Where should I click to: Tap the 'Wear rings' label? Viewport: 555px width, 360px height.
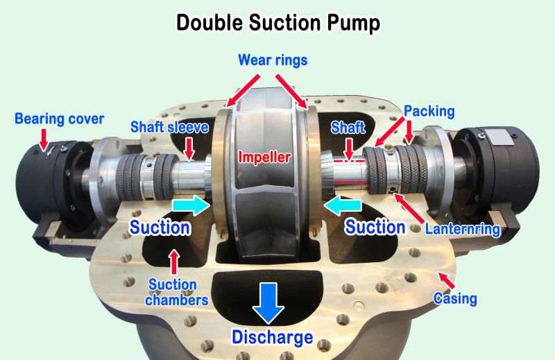273,60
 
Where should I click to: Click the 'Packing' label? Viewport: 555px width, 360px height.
429,111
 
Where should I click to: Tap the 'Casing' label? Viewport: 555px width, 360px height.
455,299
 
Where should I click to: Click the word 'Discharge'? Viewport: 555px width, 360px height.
272,338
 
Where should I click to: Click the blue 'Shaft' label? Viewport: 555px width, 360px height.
347,128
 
